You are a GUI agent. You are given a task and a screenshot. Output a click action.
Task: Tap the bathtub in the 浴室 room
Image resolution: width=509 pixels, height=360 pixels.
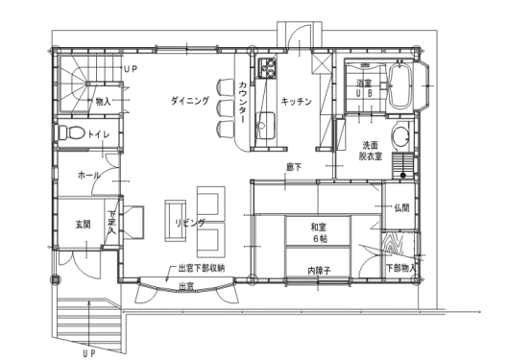400,85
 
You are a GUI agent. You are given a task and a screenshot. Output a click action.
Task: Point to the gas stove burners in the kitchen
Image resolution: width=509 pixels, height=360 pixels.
267,68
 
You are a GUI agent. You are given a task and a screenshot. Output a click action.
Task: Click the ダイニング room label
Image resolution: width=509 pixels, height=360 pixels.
190,101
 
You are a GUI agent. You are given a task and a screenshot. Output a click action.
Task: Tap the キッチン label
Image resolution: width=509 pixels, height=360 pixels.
296,102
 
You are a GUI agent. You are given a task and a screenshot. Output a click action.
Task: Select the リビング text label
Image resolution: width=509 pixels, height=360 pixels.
190,223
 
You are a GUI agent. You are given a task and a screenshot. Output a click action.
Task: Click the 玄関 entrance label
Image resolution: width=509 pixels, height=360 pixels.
84,224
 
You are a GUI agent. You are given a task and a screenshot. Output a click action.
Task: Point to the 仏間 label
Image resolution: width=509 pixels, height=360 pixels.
401,207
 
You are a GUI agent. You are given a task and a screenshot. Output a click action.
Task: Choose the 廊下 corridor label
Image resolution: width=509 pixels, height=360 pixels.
294,167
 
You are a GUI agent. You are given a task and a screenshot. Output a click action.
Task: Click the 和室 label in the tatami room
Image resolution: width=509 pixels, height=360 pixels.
319,227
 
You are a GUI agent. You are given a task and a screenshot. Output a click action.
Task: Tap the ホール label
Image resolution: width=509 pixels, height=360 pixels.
88,176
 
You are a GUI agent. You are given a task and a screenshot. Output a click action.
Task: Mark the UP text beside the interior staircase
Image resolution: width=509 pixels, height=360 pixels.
131,69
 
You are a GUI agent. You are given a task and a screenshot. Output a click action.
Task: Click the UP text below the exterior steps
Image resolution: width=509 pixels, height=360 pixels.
89,353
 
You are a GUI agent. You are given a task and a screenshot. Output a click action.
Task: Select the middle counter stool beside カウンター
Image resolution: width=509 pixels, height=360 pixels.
226,108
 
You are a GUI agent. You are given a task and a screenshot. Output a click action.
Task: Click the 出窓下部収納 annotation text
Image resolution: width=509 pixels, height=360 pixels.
202,269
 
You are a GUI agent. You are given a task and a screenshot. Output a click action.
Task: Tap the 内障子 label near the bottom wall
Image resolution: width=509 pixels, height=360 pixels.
319,271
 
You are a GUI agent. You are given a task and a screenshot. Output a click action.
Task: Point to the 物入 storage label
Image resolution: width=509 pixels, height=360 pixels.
103,102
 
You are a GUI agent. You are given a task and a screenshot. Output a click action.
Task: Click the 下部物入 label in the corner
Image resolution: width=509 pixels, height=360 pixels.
400,268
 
